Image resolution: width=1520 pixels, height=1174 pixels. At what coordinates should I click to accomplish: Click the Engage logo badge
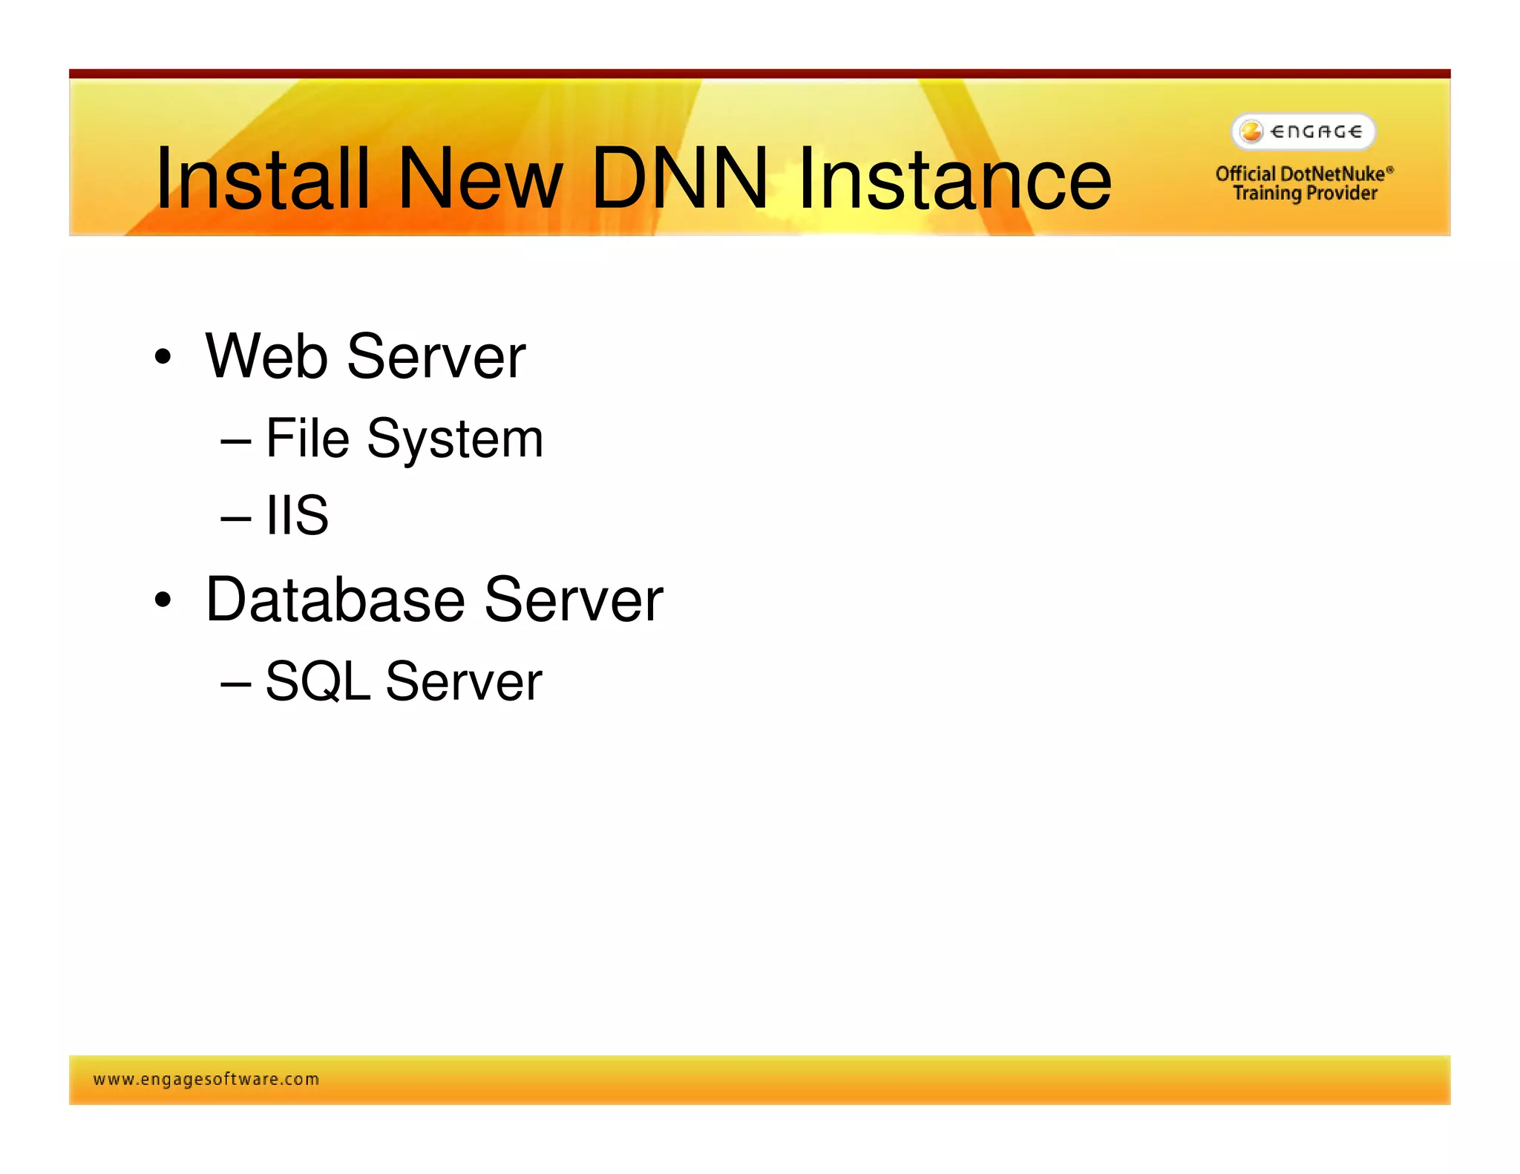point(1303,131)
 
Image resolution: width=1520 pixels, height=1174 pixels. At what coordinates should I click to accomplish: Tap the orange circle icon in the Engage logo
point(1251,131)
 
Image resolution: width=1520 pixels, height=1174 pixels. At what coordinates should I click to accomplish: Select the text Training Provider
point(1305,193)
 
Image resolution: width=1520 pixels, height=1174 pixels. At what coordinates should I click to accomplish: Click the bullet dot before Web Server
point(163,358)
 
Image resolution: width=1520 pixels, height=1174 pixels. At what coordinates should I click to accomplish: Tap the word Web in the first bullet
point(266,356)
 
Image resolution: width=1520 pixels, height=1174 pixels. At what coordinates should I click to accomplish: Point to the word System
point(455,439)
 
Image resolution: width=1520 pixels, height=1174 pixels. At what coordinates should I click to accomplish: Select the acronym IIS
point(297,515)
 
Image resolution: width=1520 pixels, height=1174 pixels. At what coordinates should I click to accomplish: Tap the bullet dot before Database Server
point(163,600)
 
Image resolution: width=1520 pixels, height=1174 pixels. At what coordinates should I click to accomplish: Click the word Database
point(335,600)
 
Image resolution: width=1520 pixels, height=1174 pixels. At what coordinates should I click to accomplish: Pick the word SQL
point(318,681)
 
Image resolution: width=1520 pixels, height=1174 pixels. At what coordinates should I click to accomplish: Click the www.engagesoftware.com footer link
point(206,1079)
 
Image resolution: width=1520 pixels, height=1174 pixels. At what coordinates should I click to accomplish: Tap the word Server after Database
point(573,600)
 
